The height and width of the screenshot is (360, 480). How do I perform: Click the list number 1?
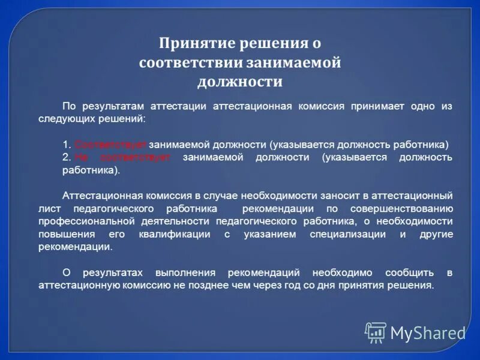pos(66,145)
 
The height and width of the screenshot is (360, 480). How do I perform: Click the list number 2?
pos(67,157)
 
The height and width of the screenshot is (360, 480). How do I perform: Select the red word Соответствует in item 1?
pos(111,145)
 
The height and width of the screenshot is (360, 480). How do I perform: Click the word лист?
pos(49,208)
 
